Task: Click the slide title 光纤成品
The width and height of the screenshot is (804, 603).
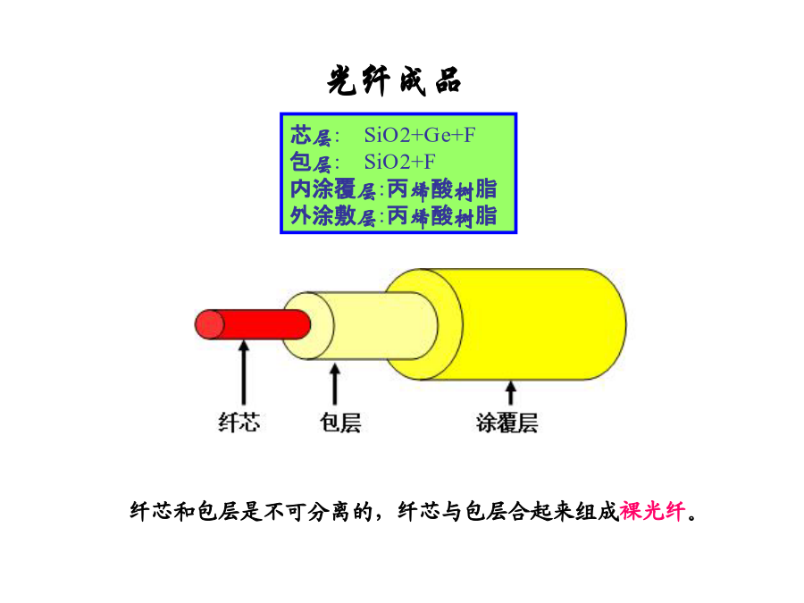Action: (394, 81)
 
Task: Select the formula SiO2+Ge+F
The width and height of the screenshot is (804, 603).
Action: (420, 136)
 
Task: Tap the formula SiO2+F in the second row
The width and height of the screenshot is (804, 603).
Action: (400, 162)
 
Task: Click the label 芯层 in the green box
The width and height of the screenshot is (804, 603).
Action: (311, 136)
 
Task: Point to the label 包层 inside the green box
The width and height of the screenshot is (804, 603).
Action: (311, 163)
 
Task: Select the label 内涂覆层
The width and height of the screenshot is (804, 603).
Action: (333, 189)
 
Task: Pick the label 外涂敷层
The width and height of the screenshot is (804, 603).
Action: (333, 216)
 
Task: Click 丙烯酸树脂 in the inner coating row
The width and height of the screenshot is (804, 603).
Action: (442, 189)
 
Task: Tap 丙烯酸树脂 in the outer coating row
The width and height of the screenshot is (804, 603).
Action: (442, 216)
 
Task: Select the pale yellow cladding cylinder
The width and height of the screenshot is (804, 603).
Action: (360, 325)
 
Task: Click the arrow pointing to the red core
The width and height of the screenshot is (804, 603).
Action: (244, 373)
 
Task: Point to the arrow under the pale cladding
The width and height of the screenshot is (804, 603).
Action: (335, 383)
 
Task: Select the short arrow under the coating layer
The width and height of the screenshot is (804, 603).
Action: (510, 393)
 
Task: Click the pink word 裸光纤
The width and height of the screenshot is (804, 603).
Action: (652, 511)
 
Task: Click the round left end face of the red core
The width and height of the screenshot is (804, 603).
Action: (210, 324)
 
